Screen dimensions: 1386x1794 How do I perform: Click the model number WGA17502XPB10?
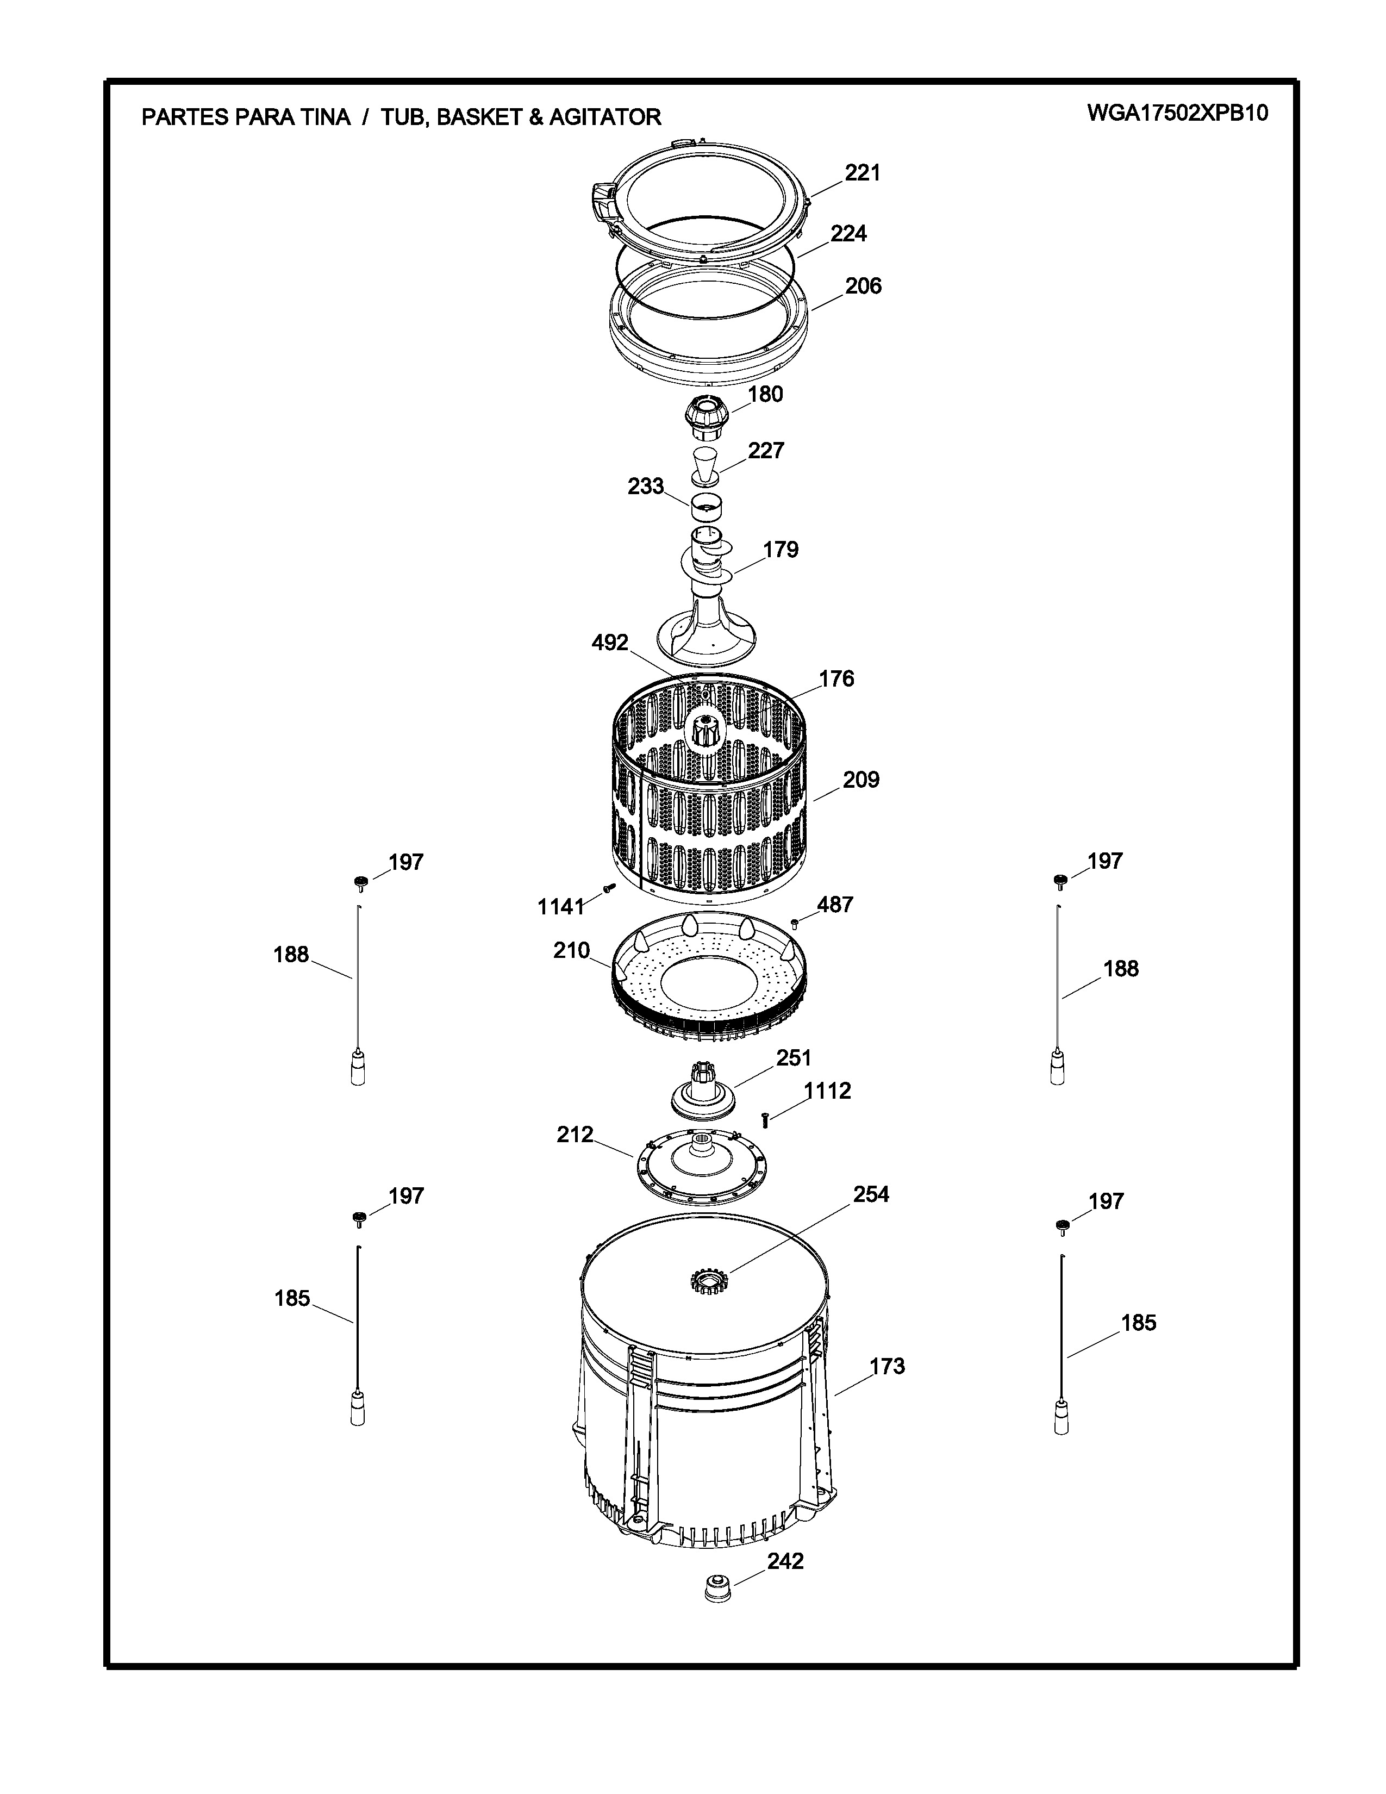point(1177,114)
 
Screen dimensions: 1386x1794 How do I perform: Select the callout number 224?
point(848,234)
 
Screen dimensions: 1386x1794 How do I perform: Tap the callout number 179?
point(781,550)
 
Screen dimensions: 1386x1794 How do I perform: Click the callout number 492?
point(610,643)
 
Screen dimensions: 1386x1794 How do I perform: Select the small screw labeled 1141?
point(608,888)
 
